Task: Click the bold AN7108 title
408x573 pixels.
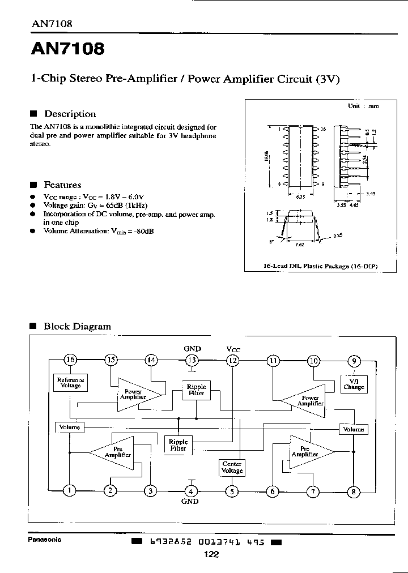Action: [x=67, y=49]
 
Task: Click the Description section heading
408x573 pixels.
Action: [x=70, y=114]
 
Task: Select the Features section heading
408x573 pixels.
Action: [x=62, y=185]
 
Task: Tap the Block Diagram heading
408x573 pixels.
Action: [x=77, y=326]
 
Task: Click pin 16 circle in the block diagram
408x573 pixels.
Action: [x=70, y=360]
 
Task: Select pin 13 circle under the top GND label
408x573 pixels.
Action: [x=192, y=360]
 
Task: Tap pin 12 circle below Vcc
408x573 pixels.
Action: [x=233, y=360]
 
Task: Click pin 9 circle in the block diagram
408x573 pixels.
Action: [x=354, y=360]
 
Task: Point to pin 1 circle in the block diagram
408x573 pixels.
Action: [x=70, y=491]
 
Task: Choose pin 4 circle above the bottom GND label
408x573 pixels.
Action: [x=191, y=491]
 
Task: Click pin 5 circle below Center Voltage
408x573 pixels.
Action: [x=232, y=491]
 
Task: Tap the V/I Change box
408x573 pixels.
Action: [x=354, y=384]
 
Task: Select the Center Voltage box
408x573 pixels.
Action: [x=232, y=468]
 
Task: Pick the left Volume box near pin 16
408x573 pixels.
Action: [x=69, y=426]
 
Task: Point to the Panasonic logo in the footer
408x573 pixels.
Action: [x=45, y=539]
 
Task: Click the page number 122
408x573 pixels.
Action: [x=211, y=555]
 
